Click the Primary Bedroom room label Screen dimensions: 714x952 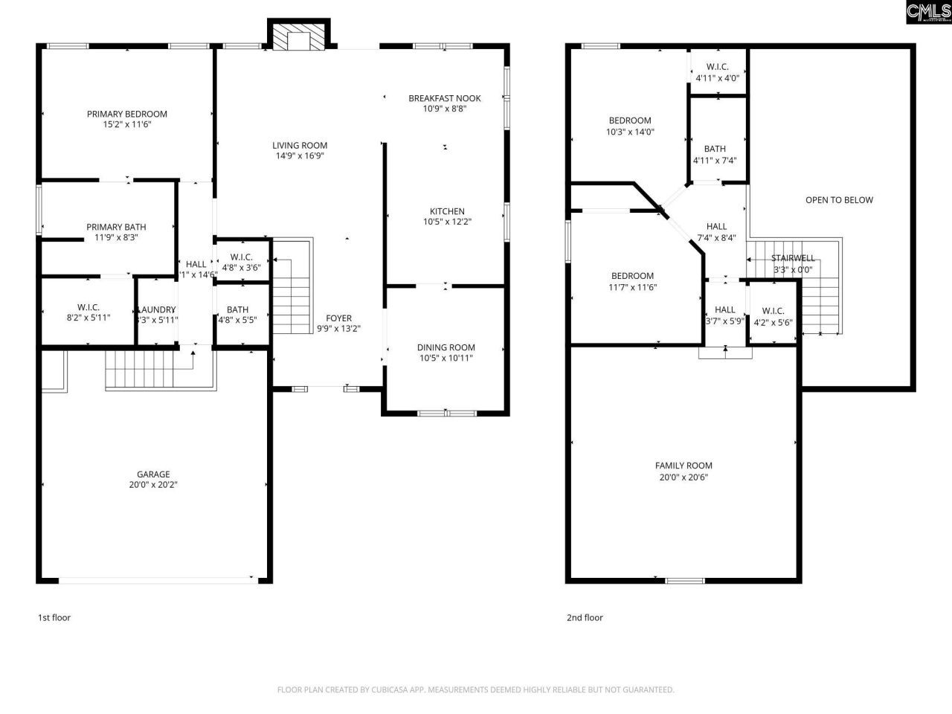point(126,114)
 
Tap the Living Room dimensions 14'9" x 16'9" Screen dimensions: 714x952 point(299,156)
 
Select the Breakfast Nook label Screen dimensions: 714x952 point(444,98)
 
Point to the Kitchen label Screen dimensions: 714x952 point(447,211)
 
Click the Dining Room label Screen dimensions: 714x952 point(446,347)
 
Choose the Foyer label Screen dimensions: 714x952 point(334,318)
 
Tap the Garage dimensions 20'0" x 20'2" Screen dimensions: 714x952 point(152,485)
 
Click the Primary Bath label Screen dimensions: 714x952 point(116,228)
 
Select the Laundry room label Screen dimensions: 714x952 point(156,310)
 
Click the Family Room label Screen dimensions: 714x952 point(684,466)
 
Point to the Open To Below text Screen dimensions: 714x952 point(839,200)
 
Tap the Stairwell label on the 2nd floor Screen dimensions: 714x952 point(792,259)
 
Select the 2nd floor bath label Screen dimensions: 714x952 point(714,149)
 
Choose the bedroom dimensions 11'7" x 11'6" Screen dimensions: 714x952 point(632,287)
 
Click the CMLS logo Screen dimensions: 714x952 point(928,13)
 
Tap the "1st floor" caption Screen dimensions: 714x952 point(54,617)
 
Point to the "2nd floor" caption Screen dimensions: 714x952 point(585,617)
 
